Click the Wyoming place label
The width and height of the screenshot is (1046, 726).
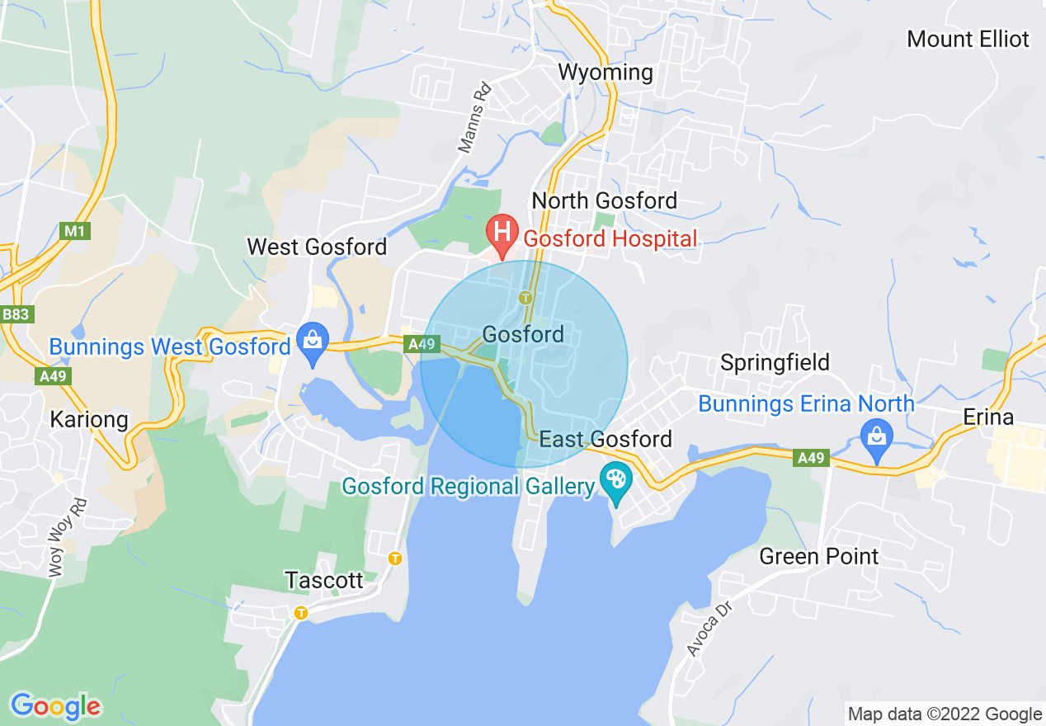click(x=605, y=73)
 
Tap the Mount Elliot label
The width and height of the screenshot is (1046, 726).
click(x=968, y=39)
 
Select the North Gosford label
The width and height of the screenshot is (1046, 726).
click(x=604, y=200)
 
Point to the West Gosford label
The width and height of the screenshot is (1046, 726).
click(x=317, y=247)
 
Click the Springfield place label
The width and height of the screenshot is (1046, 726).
click(x=775, y=362)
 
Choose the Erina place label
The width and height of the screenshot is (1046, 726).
click(x=988, y=417)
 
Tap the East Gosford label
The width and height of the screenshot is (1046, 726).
click(x=606, y=439)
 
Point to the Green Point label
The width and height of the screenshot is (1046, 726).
click(x=819, y=556)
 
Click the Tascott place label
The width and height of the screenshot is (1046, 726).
click(x=324, y=580)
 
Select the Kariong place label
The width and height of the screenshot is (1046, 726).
click(x=89, y=419)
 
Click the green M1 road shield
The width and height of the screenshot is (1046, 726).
click(x=75, y=231)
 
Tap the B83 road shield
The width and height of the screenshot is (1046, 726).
click(x=16, y=314)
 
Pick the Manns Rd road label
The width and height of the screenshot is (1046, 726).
click(x=474, y=116)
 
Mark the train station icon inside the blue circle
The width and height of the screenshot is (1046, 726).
click(x=523, y=297)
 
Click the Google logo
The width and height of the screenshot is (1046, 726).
click(x=55, y=706)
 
